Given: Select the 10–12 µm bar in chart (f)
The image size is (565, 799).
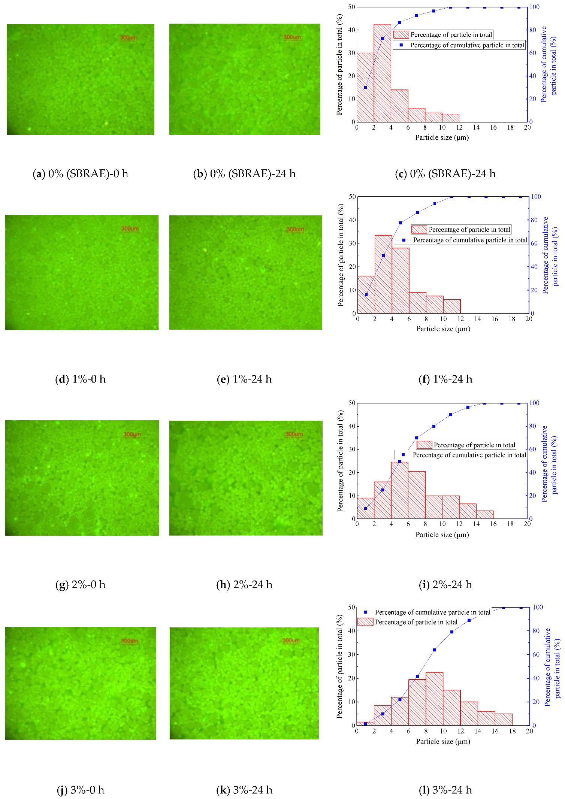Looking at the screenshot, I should pyautogui.click(x=452, y=306).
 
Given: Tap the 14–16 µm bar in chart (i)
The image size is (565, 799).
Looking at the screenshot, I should pyautogui.click(x=485, y=515).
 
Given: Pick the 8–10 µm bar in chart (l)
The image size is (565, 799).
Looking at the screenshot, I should pyautogui.click(x=435, y=699).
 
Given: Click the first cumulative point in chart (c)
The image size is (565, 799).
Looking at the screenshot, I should pyautogui.click(x=365, y=88).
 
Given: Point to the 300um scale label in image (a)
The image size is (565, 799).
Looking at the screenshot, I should pyautogui.click(x=129, y=37).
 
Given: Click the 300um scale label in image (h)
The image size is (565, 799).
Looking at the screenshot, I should pyautogui.click(x=294, y=434).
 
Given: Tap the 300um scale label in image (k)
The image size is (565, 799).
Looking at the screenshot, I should pyautogui.click(x=291, y=641).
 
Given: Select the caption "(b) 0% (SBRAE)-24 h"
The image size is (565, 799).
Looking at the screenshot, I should pyautogui.click(x=244, y=174).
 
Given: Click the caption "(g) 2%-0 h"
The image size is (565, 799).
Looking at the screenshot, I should pyautogui.click(x=81, y=585).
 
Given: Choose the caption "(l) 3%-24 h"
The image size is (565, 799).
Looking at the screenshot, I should pyautogui.click(x=445, y=790).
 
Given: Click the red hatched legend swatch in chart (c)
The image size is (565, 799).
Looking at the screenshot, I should pyautogui.click(x=401, y=34).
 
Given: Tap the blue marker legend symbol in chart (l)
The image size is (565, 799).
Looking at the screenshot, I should pyautogui.click(x=365, y=612).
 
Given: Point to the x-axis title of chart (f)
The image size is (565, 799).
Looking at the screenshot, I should pyautogui.click(x=443, y=329).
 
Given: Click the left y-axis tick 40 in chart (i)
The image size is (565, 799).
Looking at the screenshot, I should pyautogui.click(x=351, y=426).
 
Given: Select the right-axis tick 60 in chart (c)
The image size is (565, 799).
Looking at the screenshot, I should pyautogui.click(x=532, y=53).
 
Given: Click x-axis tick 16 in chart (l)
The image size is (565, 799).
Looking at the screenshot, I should pyautogui.click(x=495, y=731).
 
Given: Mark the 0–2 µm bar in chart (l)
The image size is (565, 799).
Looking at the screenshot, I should pyautogui.click(x=365, y=724).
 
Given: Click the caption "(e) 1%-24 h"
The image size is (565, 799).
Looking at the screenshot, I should pyautogui.click(x=244, y=379).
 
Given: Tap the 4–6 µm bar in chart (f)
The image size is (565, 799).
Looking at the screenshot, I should pyautogui.click(x=401, y=281).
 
